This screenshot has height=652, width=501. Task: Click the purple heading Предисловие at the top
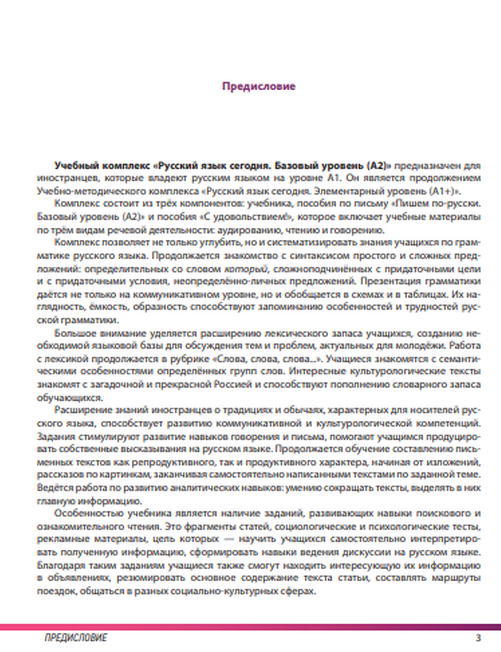259,86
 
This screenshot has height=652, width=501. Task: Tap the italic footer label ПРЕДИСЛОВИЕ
76,638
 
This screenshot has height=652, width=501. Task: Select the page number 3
478,638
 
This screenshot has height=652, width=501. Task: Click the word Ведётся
53,487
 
